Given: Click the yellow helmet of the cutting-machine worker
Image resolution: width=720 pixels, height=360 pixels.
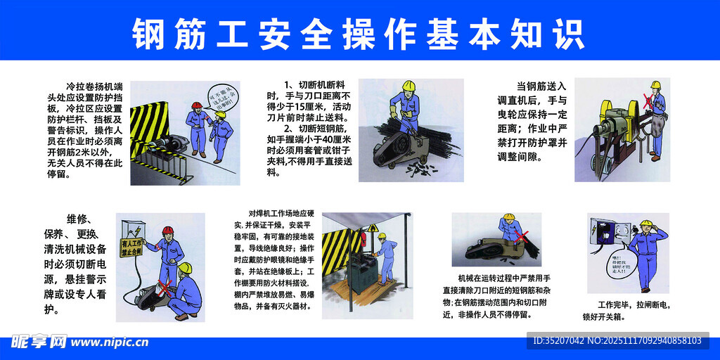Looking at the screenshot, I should (x=408, y=86).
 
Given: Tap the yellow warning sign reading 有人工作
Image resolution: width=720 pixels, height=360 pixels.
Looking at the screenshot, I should (x=131, y=247).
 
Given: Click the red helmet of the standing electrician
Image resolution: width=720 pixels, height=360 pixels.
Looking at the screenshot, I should (x=167, y=231).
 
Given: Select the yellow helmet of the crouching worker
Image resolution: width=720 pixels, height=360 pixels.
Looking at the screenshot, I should (x=185, y=268).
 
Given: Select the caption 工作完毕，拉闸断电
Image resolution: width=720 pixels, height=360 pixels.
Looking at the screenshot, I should (x=633, y=304).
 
